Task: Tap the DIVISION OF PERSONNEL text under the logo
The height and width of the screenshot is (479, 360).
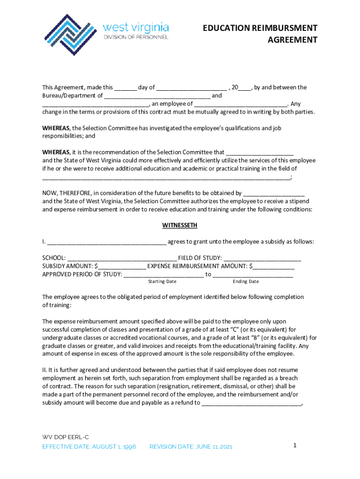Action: tap(136, 36)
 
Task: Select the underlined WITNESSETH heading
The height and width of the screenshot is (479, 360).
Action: tap(180, 225)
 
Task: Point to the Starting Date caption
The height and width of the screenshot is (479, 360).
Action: tap(162, 282)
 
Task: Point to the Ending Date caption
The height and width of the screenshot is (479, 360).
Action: tap(245, 282)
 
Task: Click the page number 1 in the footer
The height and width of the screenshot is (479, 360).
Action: tap(295, 445)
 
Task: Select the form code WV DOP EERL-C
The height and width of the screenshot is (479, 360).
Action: tap(65, 437)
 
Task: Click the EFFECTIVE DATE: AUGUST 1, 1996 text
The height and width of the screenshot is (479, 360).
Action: tap(89, 447)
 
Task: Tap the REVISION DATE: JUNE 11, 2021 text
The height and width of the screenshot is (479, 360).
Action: tap(190, 447)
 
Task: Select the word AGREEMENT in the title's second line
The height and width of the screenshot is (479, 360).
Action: tap(292, 40)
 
